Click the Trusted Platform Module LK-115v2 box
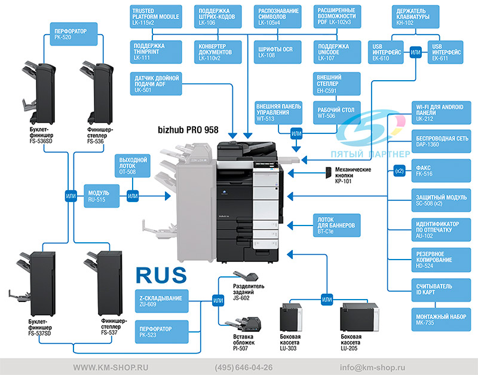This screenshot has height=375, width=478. pos(156,17)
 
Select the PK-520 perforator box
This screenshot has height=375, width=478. pos(73,34)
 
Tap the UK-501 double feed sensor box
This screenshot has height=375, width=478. pos(156,84)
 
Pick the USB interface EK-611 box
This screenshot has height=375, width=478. pos(445,52)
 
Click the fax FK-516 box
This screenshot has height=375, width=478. pos(441,170)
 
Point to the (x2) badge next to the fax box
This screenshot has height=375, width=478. pos(399,171)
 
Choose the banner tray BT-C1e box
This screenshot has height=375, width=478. pos(337,225)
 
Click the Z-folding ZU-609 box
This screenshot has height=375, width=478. pos(161,301)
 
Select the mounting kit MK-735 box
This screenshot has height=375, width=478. pos(441,319)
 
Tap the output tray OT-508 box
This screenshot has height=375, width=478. pos(133,166)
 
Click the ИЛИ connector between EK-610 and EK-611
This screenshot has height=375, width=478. pos(415,53)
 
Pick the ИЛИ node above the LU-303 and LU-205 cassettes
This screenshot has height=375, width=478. pos(327,299)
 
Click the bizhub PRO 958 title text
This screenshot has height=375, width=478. pos(188,130)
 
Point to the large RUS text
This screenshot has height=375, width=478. pos(161,275)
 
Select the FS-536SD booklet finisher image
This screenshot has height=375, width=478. pos(39,93)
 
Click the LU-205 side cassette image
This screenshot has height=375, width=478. pos(360,318)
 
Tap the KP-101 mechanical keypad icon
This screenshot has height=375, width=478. pos(328,172)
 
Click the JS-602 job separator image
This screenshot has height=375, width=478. pos(246,276)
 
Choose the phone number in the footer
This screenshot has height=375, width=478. pos(244,367)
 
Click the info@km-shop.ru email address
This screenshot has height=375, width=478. pos(372,367)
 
